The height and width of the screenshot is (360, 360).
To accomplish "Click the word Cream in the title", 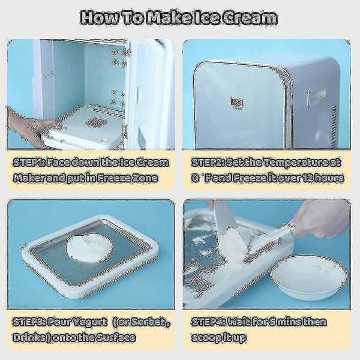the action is click(x=250, y=18).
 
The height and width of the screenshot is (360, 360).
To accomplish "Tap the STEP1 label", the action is click(x=28, y=163).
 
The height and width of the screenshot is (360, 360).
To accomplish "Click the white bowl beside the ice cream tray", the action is click(x=309, y=277).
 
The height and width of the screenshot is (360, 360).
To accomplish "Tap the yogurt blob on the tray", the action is click(x=89, y=247).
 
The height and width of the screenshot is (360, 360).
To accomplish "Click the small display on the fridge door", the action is click(x=237, y=102).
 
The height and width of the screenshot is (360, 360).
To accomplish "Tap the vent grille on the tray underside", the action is click(x=94, y=122).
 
